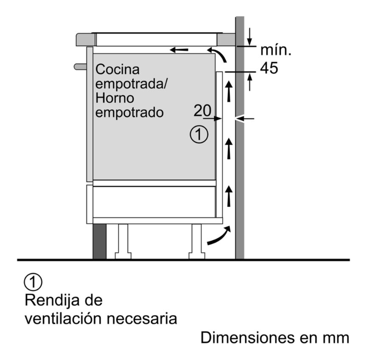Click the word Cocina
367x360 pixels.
118,69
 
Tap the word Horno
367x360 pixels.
115,98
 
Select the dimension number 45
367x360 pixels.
269,68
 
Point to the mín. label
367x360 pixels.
276,50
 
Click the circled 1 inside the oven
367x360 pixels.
199,135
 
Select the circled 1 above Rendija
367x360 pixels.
33,282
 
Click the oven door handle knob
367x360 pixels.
80,67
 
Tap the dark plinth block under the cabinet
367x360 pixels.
99,242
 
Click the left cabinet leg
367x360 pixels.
123,242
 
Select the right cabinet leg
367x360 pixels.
196,242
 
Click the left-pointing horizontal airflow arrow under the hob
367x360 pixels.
179,50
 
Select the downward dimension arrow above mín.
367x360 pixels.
250,37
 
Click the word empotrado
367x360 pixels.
129,112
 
